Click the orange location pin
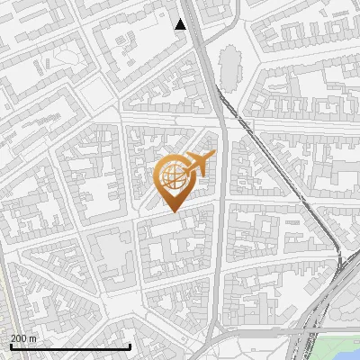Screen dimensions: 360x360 point(176,180)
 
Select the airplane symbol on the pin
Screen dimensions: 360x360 point(202,163)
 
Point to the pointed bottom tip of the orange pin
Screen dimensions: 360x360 point(174,211)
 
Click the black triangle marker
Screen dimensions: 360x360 point(180,24)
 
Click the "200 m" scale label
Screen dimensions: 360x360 point(23,338)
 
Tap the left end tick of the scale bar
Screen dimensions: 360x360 point(10,345)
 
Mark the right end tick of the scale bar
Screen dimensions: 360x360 point(130,345)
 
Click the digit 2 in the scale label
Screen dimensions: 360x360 point(13,338)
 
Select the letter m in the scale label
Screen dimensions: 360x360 point(33,339)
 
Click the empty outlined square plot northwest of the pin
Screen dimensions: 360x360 point(100,94)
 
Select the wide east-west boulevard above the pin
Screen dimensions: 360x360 point(171,120)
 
